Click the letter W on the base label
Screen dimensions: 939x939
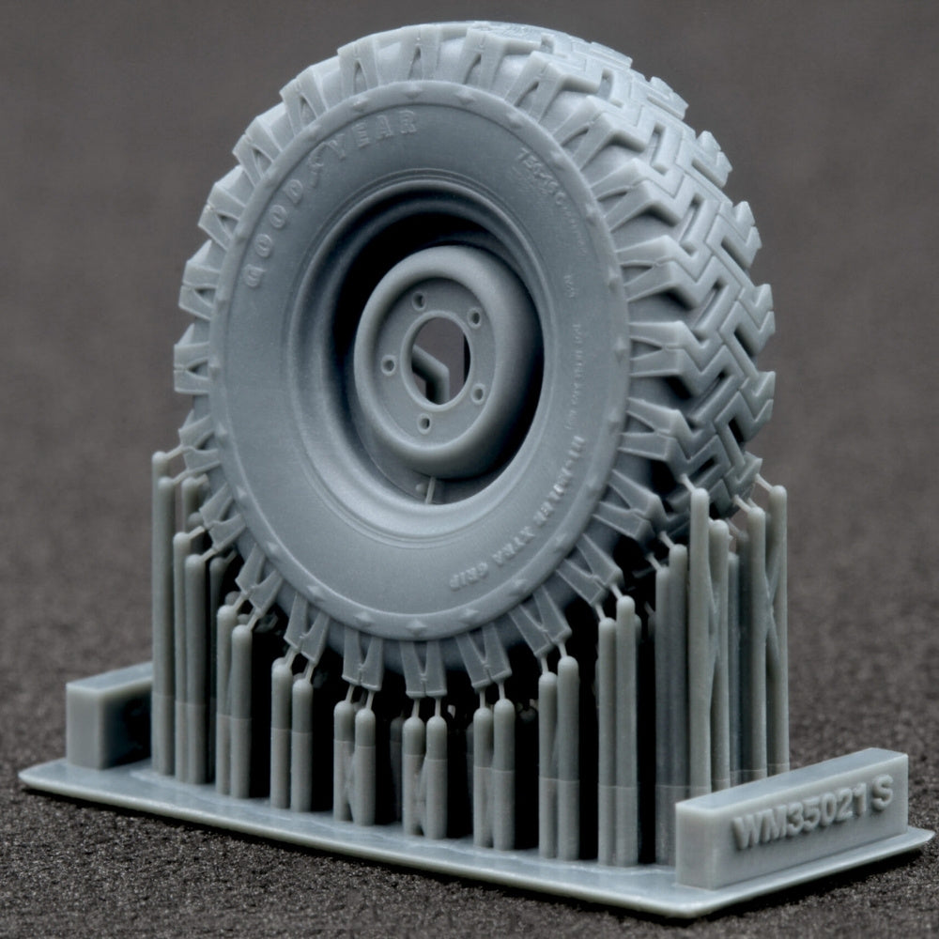pyautogui.click(x=747, y=831)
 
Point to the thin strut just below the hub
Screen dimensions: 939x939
pyautogui.click(x=431, y=488)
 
